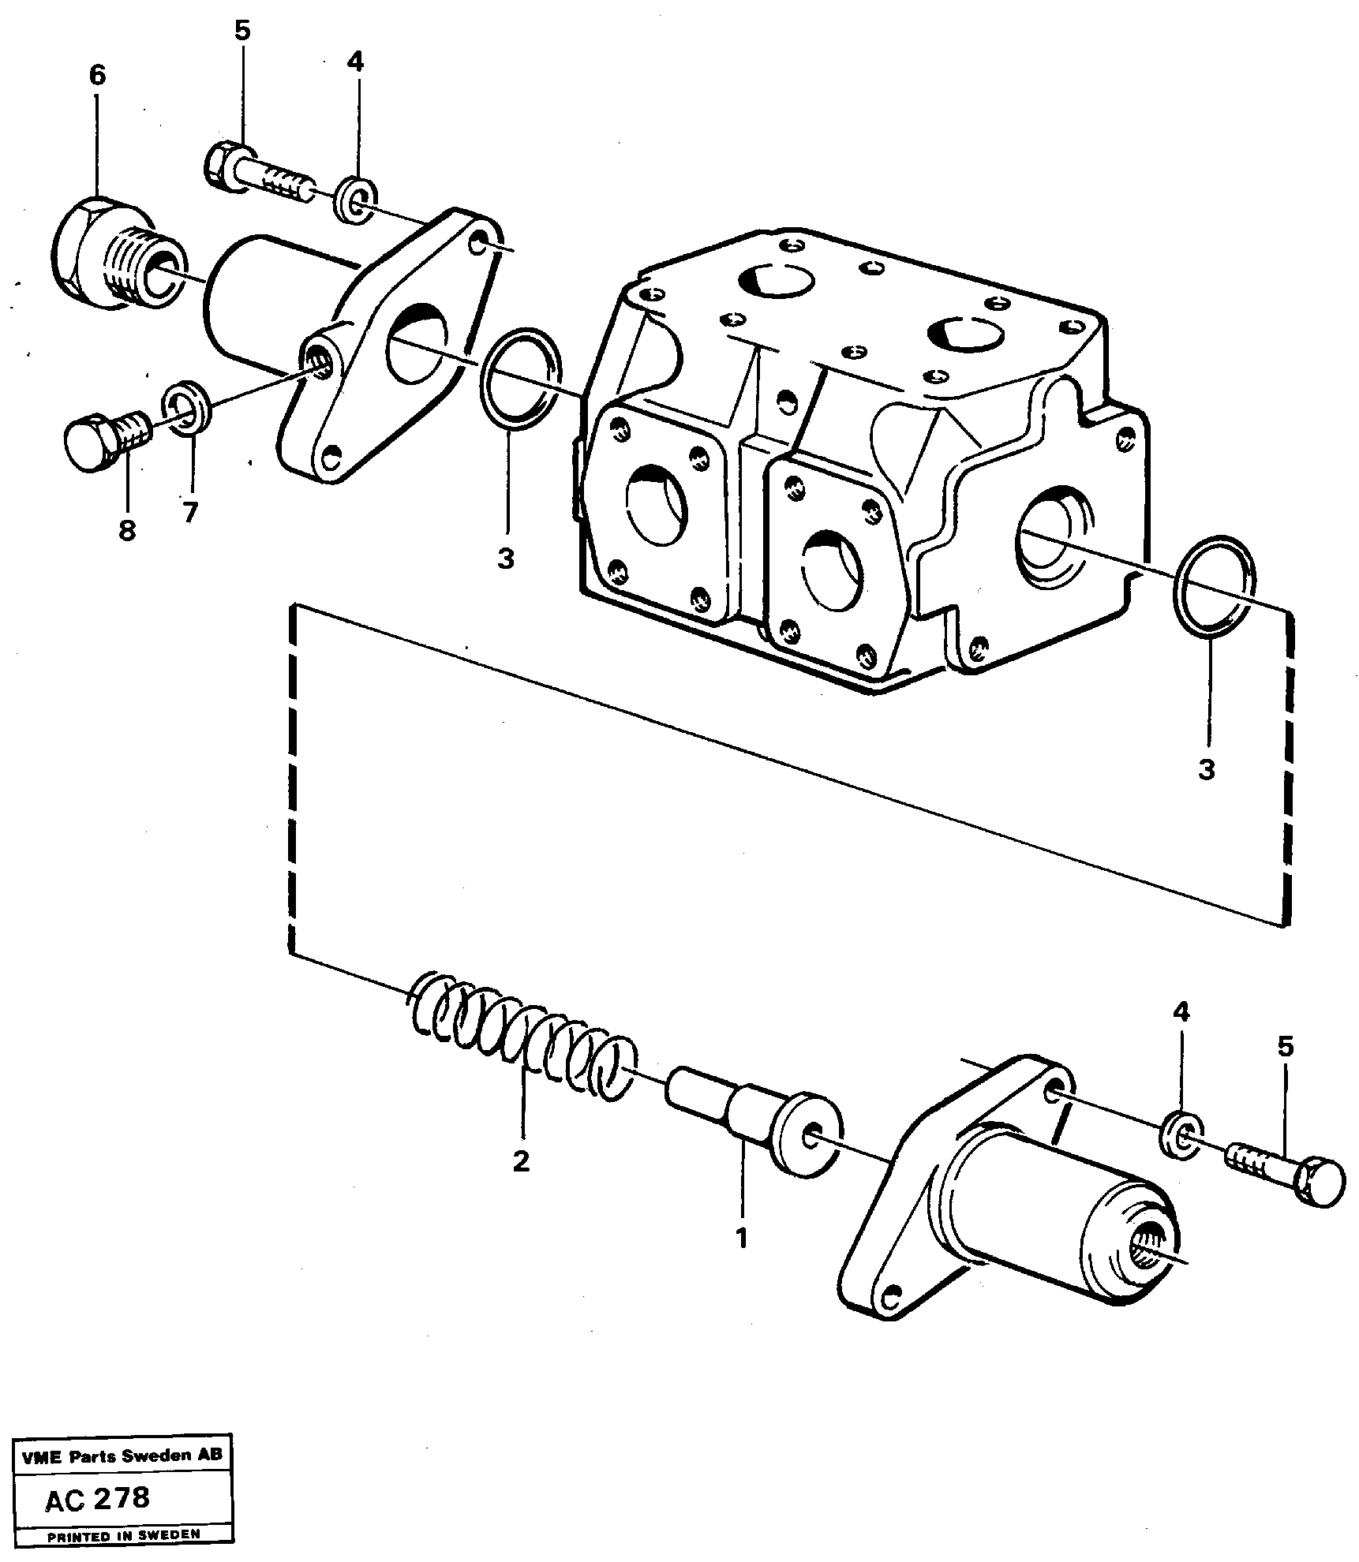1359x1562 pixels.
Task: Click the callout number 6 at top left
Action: (x=96, y=76)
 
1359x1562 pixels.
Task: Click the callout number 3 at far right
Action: (x=1206, y=769)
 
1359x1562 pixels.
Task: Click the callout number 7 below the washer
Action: (x=189, y=513)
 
